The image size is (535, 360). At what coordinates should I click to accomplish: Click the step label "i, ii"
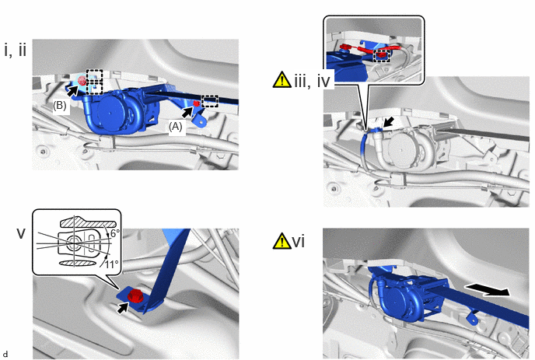click(x=16, y=51)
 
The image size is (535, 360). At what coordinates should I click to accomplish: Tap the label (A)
click(x=176, y=127)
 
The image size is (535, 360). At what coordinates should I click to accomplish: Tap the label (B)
click(x=59, y=106)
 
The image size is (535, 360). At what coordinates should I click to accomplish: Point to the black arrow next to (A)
click(x=187, y=112)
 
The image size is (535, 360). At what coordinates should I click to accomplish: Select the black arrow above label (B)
click(x=72, y=90)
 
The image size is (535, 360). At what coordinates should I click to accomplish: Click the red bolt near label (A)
click(x=196, y=103)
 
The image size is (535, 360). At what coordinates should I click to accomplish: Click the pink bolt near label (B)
click(x=82, y=81)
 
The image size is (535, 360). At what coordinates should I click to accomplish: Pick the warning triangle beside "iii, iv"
click(x=281, y=79)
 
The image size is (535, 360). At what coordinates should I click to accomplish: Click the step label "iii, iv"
click(x=312, y=81)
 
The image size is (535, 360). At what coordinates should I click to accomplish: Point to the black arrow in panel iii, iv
click(x=389, y=123)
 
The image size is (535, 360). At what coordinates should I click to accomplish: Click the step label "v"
click(x=21, y=234)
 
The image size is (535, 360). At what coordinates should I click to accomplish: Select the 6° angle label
click(x=114, y=233)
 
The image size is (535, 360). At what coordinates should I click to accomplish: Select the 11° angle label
click(x=111, y=264)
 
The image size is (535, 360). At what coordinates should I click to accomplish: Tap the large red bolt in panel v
click(x=136, y=295)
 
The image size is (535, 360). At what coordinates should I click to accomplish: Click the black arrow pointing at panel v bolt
click(x=123, y=308)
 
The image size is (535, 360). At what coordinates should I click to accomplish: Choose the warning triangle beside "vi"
click(x=281, y=241)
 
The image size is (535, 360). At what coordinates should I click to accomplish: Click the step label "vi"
click(x=298, y=242)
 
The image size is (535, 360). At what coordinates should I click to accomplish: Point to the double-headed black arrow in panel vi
click(x=488, y=290)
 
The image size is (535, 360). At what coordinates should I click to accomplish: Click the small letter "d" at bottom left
click(x=5, y=355)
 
